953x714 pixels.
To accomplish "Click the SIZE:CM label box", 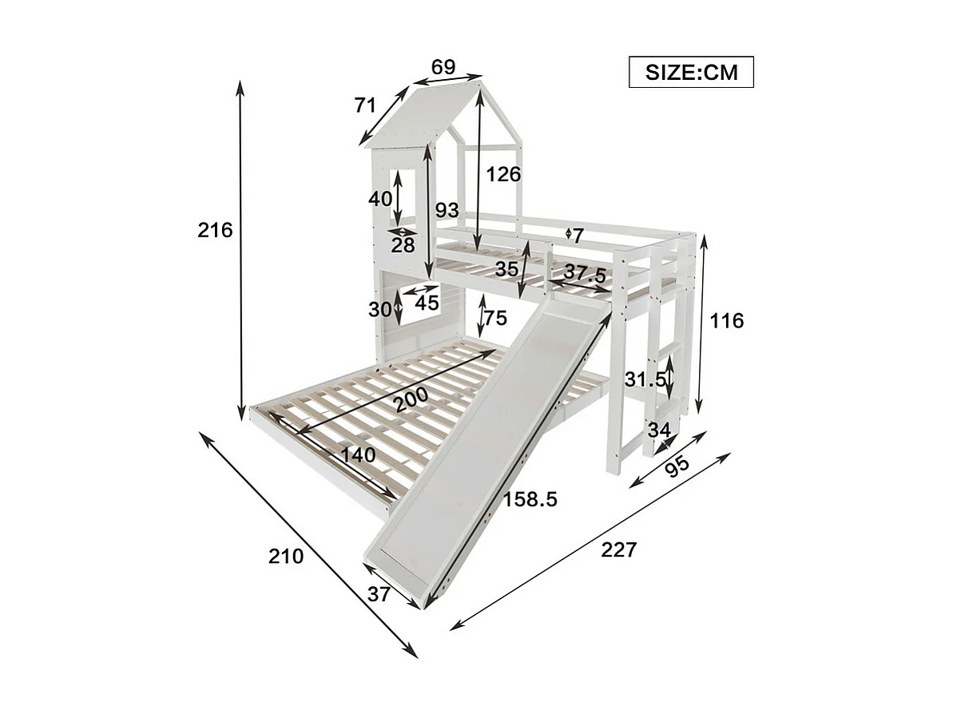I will tap(690, 73).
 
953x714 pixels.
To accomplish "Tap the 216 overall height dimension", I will tap(215, 231).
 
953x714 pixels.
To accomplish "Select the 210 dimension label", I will tap(286, 556).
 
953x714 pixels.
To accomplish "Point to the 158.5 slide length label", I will tap(530, 500).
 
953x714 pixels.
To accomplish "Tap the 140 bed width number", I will tap(357, 455).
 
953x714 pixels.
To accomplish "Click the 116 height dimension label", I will tap(726, 321).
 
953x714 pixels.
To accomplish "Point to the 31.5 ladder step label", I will tap(645, 379).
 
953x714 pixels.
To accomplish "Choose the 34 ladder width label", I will tap(659, 430).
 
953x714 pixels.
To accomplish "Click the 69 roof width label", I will tap(443, 67).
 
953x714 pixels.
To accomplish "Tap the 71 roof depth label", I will tap(365, 105).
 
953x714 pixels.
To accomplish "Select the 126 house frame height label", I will tap(503, 174).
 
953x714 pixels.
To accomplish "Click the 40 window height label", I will tap(380, 198).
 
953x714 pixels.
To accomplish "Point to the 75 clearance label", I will tap(495, 318).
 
